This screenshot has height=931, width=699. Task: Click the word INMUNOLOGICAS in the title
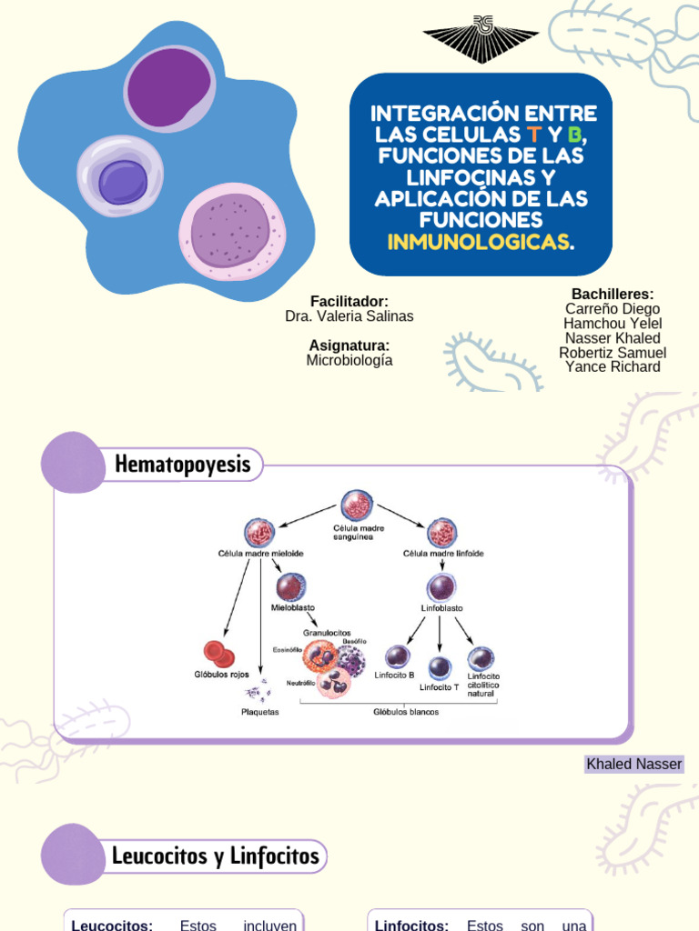tap(479, 242)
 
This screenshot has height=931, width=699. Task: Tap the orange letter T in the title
tap(533, 135)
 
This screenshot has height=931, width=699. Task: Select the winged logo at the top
tap(481, 39)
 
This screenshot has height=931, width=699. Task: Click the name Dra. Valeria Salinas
tap(349, 316)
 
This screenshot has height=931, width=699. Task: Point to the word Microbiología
tap(349, 360)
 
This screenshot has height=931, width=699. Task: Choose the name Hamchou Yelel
tap(612, 324)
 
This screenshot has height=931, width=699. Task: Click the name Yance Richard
tap(612, 367)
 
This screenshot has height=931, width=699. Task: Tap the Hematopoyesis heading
tap(182, 465)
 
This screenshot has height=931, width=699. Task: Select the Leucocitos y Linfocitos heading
tap(215, 856)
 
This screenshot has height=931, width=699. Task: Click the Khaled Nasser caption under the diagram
tap(633, 764)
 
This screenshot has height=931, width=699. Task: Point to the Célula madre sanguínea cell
tap(357, 506)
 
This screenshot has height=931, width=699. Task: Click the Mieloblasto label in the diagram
tap(293, 607)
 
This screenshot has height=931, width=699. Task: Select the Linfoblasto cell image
tap(441, 586)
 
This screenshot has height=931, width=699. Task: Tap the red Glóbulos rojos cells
tap(218, 653)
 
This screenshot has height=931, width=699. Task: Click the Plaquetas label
tap(260, 712)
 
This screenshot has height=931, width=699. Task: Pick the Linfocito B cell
tap(398, 656)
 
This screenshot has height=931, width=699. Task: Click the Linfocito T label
tap(440, 687)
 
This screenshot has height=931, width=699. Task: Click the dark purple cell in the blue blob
tap(169, 87)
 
